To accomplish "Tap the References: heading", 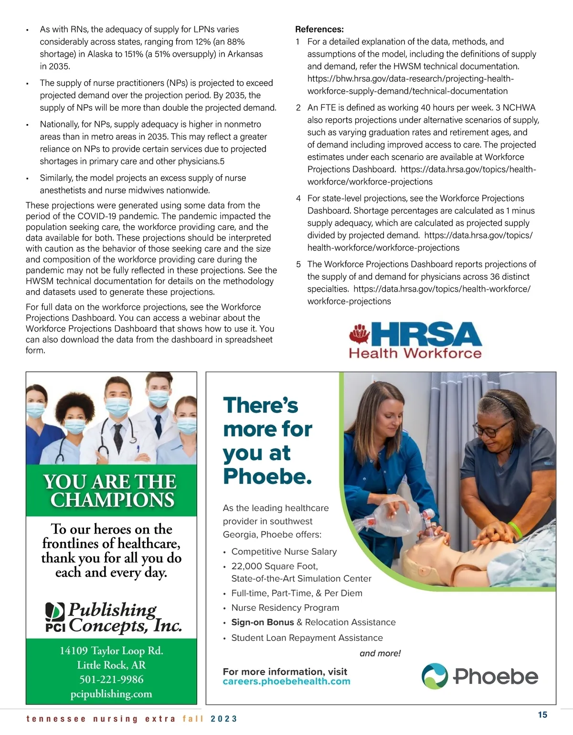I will (319, 30).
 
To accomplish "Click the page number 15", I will (542, 714).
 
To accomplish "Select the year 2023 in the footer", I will (224, 719).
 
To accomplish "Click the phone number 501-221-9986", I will (111, 679).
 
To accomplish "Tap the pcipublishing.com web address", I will (111, 694).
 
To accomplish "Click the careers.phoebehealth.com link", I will (286, 682).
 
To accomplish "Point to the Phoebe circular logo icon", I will (435, 676).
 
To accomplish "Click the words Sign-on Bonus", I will (263, 622).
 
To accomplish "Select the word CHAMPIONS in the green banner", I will (113, 500).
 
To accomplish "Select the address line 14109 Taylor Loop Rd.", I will (111, 651).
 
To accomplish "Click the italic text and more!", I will (380, 653).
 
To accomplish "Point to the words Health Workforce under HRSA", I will (415, 354).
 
